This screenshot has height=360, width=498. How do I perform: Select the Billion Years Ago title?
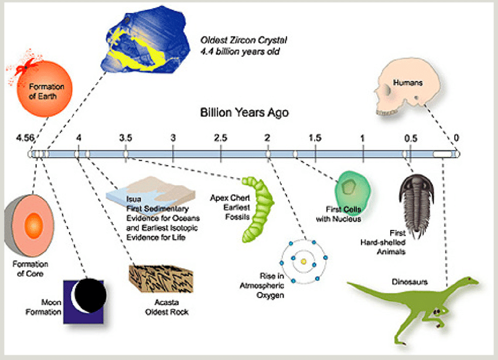coord(244,112)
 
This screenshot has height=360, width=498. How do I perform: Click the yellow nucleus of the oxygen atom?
coord(303,261)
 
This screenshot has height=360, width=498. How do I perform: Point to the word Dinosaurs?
coord(410,282)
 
